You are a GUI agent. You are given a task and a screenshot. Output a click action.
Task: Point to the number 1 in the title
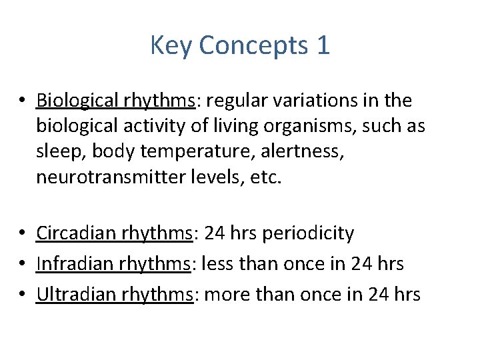323,46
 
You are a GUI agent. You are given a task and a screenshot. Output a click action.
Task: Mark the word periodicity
309,233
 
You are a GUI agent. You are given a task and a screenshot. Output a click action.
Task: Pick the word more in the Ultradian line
224,294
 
